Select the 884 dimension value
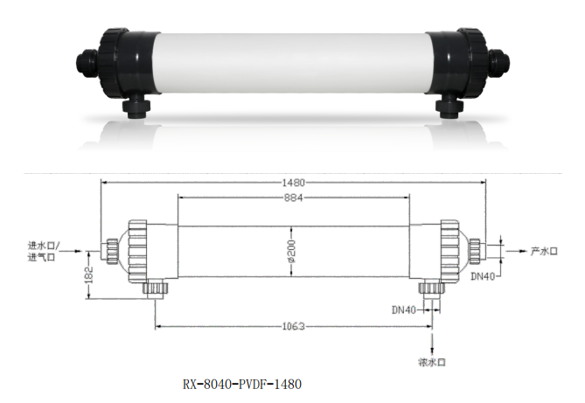click(x=294, y=198)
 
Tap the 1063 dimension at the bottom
click(x=294, y=327)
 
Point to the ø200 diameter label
click(x=294, y=254)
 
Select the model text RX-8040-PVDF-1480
click(x=242, y=384)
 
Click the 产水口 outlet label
click(x=543, y=251)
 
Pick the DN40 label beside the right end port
click(x=483, y=276)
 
